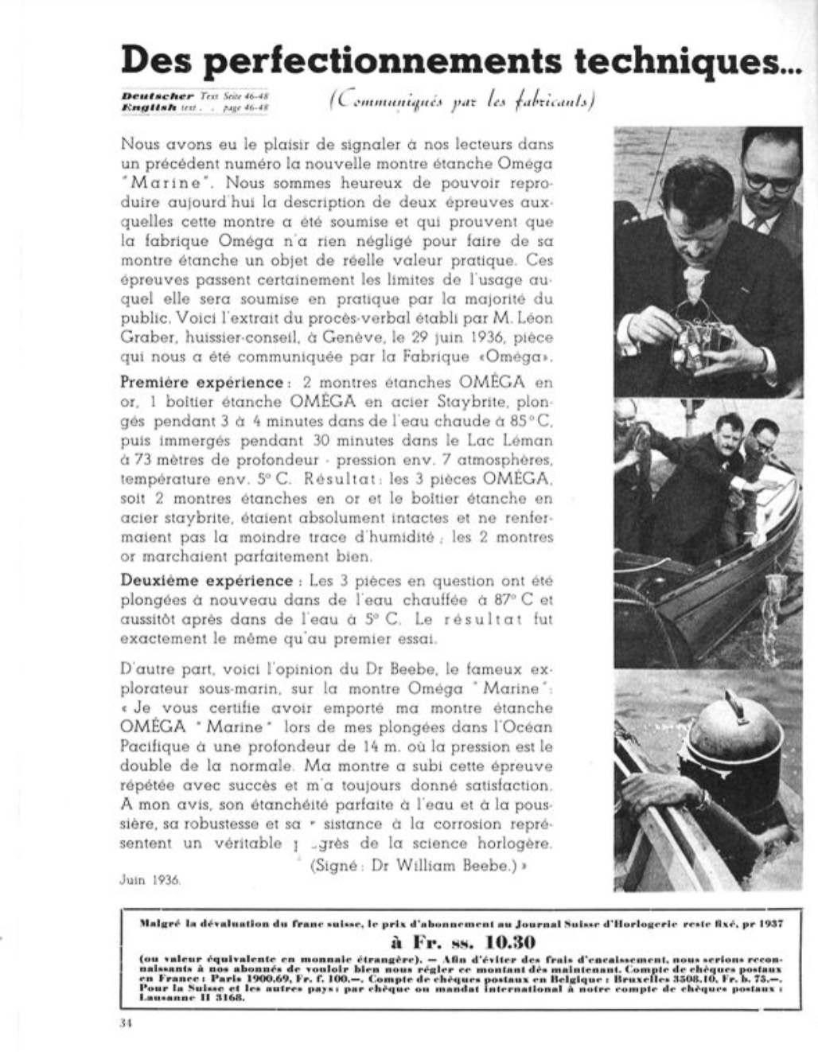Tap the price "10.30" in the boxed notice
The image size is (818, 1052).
480,943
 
